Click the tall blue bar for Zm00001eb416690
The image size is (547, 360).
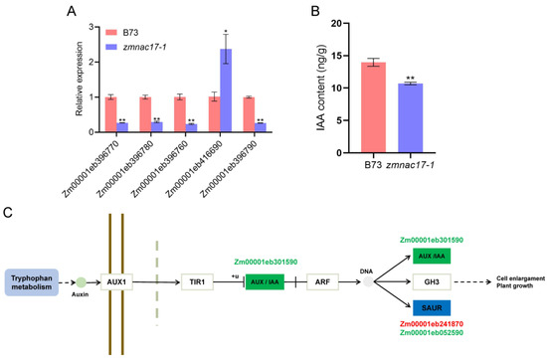click(227, 90)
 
